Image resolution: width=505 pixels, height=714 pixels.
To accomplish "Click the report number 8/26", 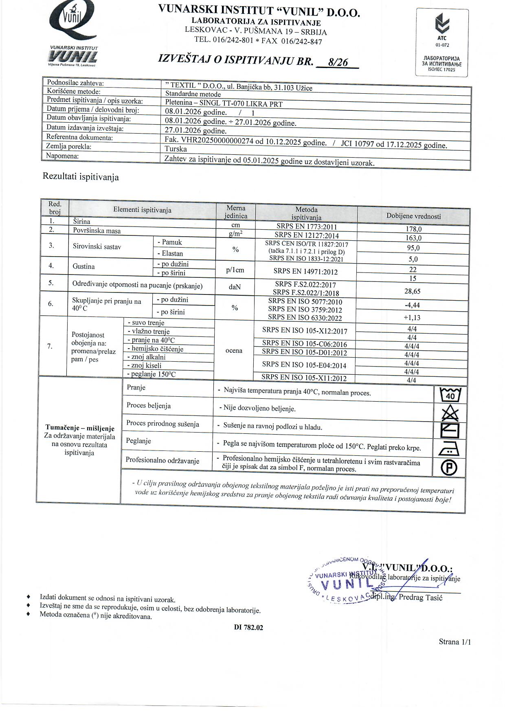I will pos(338,62).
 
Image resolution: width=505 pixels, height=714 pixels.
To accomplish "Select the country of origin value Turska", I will pos(176,149).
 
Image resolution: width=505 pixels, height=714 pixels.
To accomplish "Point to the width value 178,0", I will pos(413,229).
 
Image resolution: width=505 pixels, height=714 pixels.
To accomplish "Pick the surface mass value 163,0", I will pos(413,238).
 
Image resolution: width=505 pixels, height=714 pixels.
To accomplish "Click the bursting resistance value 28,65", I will pos(413,291).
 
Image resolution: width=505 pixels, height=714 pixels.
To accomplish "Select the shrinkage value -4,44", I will pos(412,305).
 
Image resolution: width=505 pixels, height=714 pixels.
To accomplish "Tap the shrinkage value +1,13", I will pos(412,318).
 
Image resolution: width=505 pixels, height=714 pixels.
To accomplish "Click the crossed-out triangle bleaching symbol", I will pos(450,414).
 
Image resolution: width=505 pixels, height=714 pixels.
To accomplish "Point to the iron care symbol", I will pos(450,449).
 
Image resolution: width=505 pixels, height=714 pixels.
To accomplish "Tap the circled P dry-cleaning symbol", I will pos(449,468).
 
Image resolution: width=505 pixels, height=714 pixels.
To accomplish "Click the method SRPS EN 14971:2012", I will pos(306,272).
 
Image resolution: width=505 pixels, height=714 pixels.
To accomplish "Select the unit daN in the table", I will pos(235,287).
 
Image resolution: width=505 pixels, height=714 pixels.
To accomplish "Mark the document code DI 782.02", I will pos(248,627).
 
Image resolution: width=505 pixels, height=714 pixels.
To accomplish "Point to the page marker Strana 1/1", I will pos(455,642).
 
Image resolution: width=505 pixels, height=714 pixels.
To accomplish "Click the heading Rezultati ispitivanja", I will pos(81,177).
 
